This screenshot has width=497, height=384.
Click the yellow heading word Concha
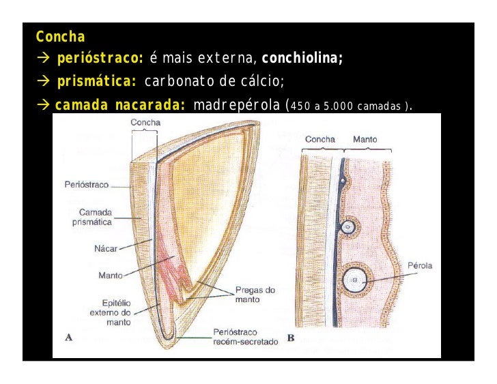point(61,35)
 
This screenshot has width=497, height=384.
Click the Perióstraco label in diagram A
point(87,184)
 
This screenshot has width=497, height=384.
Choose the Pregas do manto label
point(255,294)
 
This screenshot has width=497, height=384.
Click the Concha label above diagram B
point(319,140)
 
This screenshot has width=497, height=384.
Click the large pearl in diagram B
point(355,280)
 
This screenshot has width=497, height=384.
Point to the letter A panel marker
point(68,336)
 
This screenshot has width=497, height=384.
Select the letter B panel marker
point(291,338)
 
